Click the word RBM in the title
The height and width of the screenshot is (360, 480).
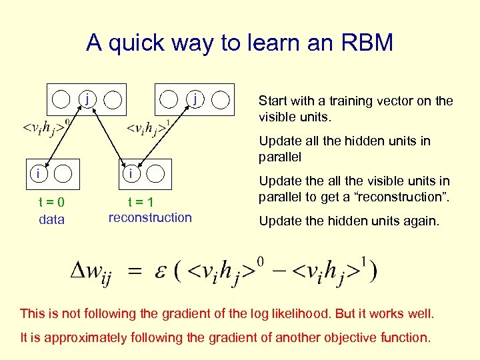tap(367, 43)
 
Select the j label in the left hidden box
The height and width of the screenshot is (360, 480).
tap(87, 99)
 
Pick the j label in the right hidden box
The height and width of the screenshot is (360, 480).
tap(194, 99)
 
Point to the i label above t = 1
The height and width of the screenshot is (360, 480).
tap(132, 173)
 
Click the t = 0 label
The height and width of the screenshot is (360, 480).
tap(51, 203)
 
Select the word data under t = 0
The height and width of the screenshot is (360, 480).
tap(52, 219)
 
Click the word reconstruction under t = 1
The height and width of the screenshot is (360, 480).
tap(150, 218)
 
